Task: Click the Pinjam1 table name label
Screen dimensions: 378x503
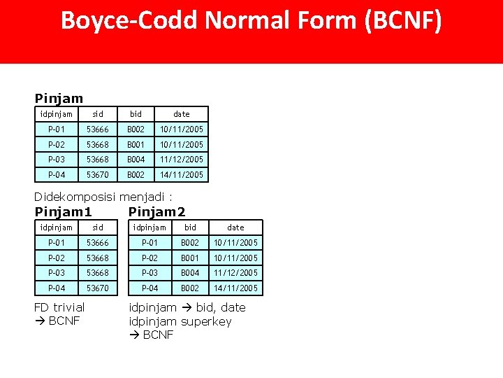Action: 64,211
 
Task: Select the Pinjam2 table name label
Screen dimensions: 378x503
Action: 157,211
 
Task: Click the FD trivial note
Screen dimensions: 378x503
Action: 59,307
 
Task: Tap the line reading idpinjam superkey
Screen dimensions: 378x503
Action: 180,321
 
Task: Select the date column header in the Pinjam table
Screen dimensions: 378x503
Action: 181,114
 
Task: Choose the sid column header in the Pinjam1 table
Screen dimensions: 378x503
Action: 98,227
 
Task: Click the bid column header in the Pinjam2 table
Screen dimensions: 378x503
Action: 190,227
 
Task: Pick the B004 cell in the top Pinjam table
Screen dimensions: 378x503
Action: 136,160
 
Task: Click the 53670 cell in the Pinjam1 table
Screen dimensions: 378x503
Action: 98,288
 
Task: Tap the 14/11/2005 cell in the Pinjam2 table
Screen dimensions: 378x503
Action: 235,288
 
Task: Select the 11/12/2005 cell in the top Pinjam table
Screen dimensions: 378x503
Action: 181,160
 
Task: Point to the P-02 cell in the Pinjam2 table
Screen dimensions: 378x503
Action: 150,258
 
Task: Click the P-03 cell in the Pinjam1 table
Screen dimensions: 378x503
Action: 57,273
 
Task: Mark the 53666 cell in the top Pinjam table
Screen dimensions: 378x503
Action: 98,129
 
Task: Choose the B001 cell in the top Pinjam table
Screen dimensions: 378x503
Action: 136,144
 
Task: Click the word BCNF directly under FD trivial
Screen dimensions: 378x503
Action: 64,321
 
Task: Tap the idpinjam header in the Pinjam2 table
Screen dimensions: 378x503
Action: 150,227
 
